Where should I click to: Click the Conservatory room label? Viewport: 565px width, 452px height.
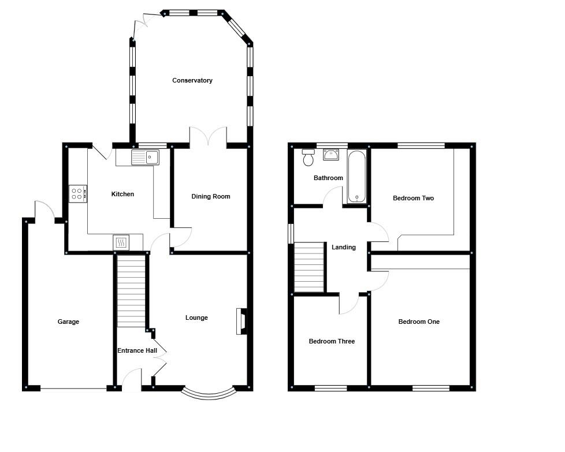click(192, 81)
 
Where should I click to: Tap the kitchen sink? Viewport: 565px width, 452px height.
click(145, 157)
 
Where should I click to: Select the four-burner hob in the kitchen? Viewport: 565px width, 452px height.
click(77, 193)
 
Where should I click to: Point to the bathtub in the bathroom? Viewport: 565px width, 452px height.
click(357, 176)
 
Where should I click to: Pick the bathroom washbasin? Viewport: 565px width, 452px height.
click(331, 154)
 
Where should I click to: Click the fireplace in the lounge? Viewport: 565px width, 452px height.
click(241, 322)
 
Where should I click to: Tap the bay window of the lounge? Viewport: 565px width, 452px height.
click(209, 394)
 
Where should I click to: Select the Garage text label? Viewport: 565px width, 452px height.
click(68, 322)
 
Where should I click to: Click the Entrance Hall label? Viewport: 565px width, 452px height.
click(137, 351)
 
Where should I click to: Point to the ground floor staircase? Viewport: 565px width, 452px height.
click(131, 291)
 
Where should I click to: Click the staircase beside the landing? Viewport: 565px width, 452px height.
click(309, 267)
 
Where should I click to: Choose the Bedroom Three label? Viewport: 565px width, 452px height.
click(332, 342)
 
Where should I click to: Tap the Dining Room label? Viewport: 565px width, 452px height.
click(211, 197)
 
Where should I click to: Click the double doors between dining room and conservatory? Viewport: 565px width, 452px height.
click(209, 136)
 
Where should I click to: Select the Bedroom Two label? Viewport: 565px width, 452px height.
click(413, 199)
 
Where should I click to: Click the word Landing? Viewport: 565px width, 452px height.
click(343, 248)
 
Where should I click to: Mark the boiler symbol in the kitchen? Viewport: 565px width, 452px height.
click(121, 242)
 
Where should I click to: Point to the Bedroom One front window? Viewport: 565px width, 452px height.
click(430, 388)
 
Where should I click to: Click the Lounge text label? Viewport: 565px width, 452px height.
click(196, 318)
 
